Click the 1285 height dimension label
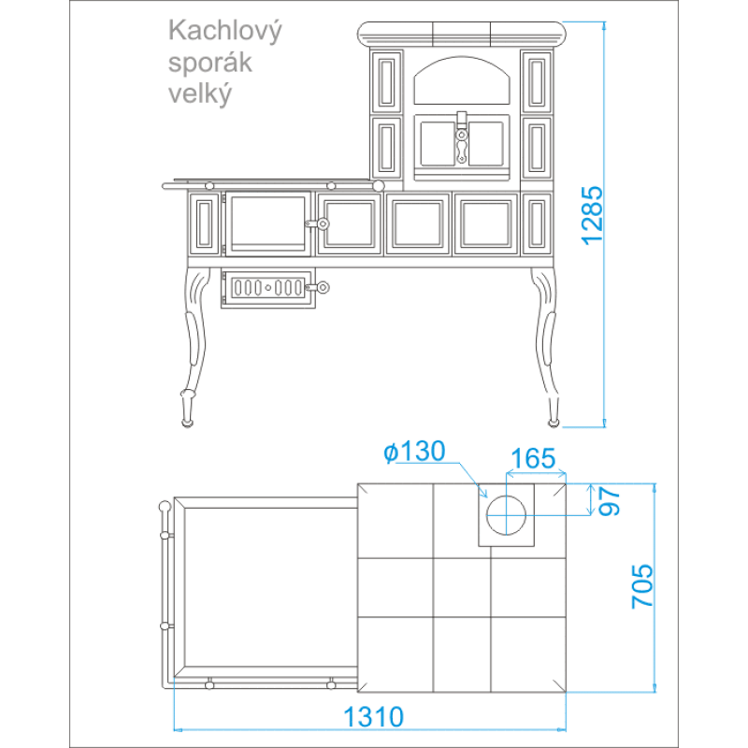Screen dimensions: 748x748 [592, 216]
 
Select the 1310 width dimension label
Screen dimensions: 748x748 [373, 716]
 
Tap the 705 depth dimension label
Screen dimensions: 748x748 [642, 586]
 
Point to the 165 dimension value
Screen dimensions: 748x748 [533, 458]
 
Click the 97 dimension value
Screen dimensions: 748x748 [610, 501]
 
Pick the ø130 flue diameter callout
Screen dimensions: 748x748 [414, 452]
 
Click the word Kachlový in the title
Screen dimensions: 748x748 [224, 32]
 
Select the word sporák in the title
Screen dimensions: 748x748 [209, 63]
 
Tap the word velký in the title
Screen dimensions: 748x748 [200, 93]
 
